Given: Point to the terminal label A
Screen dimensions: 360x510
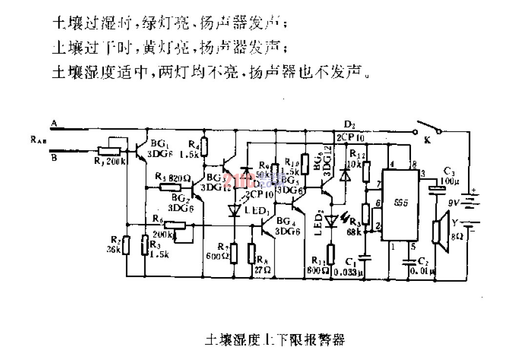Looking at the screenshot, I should pos(55,125).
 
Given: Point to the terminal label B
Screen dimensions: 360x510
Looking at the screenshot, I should pos(55,157).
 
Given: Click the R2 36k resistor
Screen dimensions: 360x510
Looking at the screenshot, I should pos(126,245).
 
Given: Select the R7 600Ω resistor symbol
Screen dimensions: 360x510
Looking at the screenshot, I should pos(234,252).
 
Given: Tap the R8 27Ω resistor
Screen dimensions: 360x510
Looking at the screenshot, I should pos(252,252).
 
